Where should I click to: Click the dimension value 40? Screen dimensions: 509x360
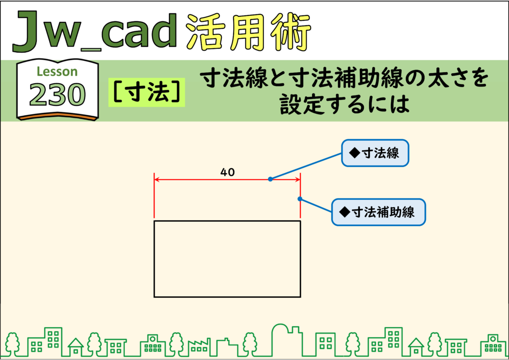[x=227, y=172]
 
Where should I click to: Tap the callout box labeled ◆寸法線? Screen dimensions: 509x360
[x=375, y=153]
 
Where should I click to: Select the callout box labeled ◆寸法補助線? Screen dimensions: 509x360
[x=378, y=212]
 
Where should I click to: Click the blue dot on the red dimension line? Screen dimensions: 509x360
[x=270, y=179]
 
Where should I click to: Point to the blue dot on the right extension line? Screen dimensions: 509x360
[x=300, y=199]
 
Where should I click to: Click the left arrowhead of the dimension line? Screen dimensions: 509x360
[x=157, y=179]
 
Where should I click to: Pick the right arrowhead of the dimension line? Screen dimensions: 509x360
[x=298, y=179]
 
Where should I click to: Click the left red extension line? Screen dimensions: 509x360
[x=154, y=195]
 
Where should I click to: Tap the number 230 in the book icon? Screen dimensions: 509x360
[x=58, y=94]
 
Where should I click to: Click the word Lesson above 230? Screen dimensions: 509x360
[x=57, y=72]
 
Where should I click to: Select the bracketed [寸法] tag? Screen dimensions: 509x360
[x=147, y=92]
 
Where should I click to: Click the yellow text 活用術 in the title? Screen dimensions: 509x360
[x=249, y=32]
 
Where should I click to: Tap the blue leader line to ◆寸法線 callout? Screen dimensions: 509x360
[x=306, y=166]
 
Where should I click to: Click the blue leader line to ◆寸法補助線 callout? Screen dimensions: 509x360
[x=316, y=205]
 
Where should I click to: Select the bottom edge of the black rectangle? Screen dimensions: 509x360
[x=227, y=297]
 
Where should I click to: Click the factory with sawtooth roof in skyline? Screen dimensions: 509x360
[x=199, y=347]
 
